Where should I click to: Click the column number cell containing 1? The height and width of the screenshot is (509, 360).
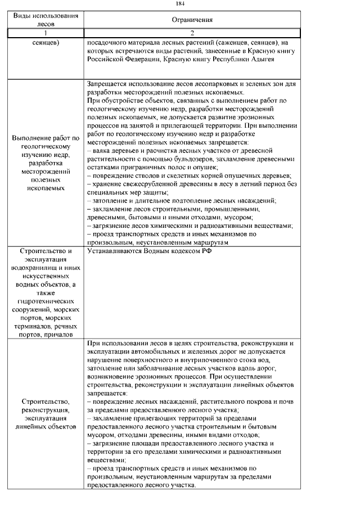pyautogui.click(x=46, y=33)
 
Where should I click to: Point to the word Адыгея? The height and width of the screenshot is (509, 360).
pyautogui.click(x=260, y=59)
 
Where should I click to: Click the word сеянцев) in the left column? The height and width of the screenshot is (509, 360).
pyautogui.click(x=46, y=42)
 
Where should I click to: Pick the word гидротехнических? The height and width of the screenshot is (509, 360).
pyautogui.click(x=46, y=301)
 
